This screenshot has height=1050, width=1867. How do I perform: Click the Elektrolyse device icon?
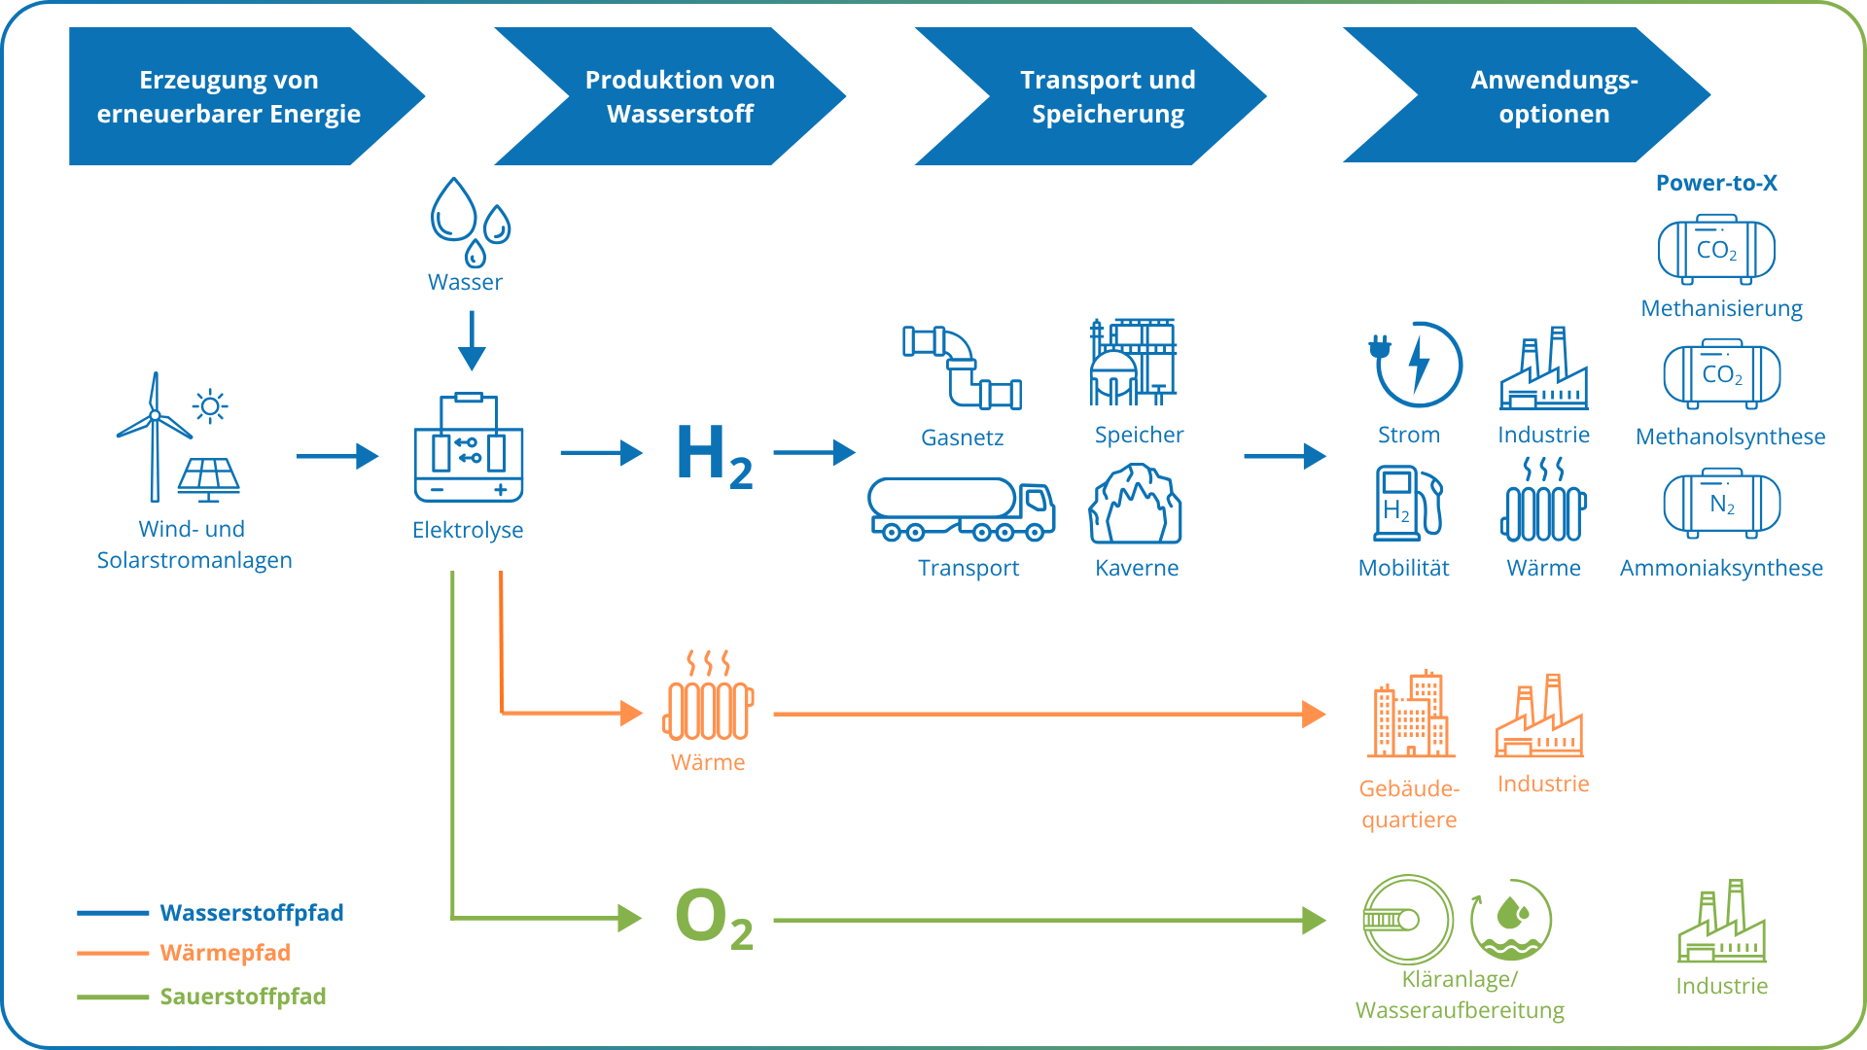pos(469,448)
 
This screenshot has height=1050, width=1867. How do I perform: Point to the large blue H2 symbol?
pos(714,455)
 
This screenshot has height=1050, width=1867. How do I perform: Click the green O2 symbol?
pos(714,919)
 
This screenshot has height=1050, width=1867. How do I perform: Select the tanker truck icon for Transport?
pos(961,509)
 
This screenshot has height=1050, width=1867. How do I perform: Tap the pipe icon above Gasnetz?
pos(962,367)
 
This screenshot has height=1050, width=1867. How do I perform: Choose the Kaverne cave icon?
pos(1135,505)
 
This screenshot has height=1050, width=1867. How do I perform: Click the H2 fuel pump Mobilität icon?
pos(1407,504)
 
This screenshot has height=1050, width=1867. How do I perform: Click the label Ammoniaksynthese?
pos(1720,568)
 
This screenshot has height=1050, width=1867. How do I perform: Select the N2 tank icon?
pos(1721,504)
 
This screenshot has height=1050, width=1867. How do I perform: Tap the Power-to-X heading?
pos(1716,183)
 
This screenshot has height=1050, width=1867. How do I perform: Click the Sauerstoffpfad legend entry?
pos(242,997)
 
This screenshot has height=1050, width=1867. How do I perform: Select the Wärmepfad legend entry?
pos(225,953)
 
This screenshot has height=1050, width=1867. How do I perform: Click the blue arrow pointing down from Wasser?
pos(472,340)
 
